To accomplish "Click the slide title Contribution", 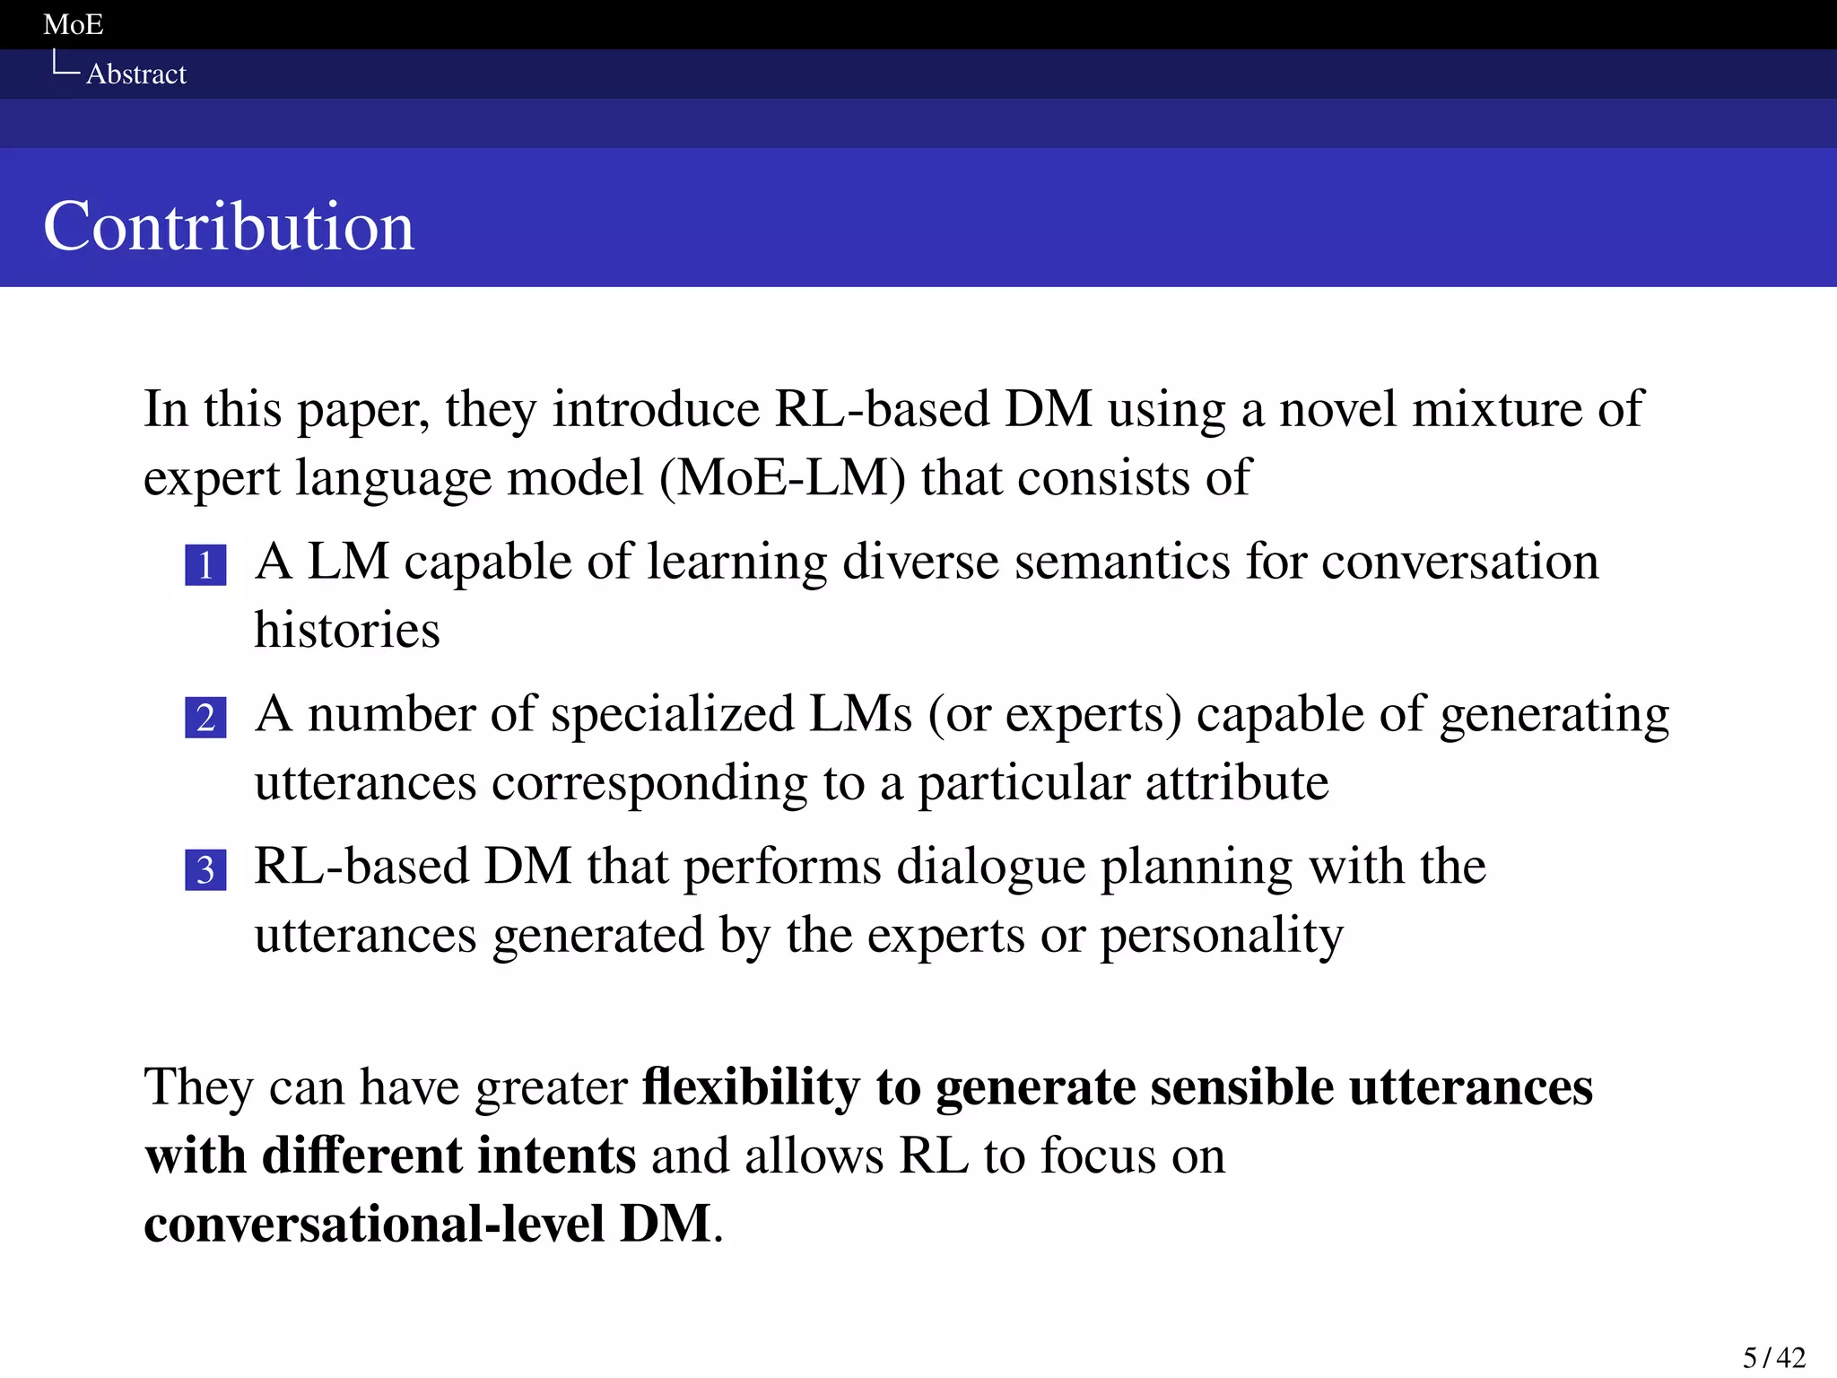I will [229, 226].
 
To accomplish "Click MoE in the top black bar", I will [74, 24].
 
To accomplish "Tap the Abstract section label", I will [136, 74].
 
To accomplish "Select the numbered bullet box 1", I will [205, 565].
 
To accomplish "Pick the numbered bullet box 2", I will [205, 718].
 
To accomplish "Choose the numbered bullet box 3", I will [205, 870].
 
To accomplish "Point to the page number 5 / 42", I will [1773, 1357].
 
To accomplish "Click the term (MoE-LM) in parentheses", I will [782, 477].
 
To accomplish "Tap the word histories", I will [347, 630].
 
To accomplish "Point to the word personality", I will [1222, 937].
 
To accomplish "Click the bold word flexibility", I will [751, 1087].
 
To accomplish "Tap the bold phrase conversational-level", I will [374, 1224].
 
